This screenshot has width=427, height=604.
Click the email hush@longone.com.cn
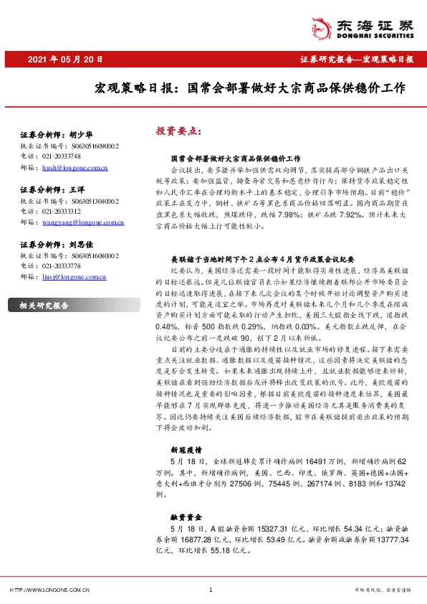(x=75, y=168)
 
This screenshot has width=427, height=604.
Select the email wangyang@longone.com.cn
(x=83, y=223)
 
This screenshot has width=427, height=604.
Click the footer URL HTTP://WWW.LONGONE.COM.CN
(x=49, y=590)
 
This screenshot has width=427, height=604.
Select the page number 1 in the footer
(x=210, y=590)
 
